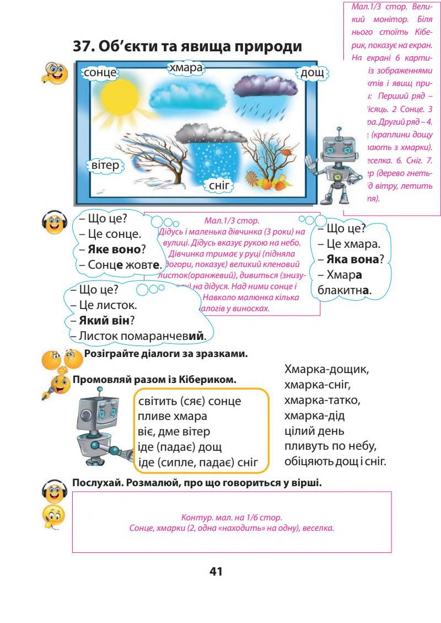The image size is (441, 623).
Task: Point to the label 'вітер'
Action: coord(105,166)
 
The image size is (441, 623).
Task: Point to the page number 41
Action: coord(219,572)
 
